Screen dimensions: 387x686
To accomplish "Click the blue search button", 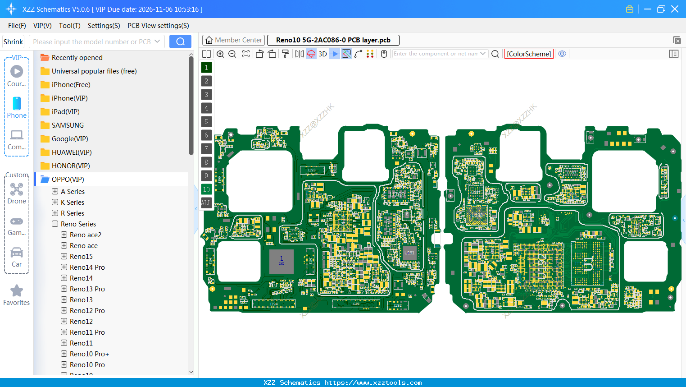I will pyautogui.click(x=180, y=41).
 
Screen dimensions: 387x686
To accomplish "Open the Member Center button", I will pyautogui.click(x=233, y=40).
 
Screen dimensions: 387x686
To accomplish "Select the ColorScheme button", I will pyautogui.click(x=529, y=54).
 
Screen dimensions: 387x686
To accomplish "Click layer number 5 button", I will pyautogui.click(x=206, y=121).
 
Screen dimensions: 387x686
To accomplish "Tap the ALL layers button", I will pyautogui.click(x=206, y=203).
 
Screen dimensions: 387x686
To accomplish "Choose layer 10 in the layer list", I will pyautogui.click(x=206, y=189).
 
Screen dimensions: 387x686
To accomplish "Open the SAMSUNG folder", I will pyautogui.click(x=68, y=125).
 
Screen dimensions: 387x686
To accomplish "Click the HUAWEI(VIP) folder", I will pyautogui.click(x=72, y=152).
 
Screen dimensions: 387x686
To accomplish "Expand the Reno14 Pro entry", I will pyautogui.click(x=64, y=267).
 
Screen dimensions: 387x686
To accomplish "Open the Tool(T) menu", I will pyautogui.click(x=69, y=26).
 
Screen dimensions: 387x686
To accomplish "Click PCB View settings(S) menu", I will pyautogui.click(x=158, y=26).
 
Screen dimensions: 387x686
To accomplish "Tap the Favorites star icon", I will pyautogui.click(x=17, y=291).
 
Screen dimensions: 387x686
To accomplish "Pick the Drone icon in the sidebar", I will pyautogui.click(x=17, y=189).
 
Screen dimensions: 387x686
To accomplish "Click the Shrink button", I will pyautogui.click(x=14, y=41).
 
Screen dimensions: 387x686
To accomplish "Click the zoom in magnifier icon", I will pyautogui.click(x=220, y=54).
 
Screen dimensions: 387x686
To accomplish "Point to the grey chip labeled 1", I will pyautogui.click(x=282, y=261).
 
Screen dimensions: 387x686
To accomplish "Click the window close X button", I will pyautogui.click(x=675, y=9).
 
